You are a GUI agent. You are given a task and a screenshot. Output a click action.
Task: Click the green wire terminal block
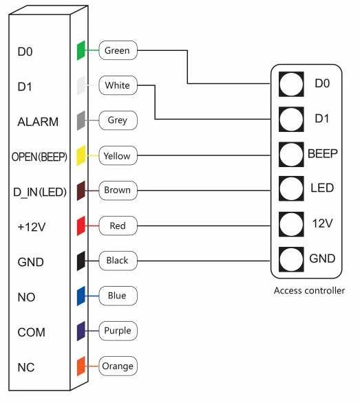(x=81, y=51)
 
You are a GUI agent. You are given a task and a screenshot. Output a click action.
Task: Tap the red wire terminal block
(x=81, y=225)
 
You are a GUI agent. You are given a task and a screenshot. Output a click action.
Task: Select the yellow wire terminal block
(x=81, y=156)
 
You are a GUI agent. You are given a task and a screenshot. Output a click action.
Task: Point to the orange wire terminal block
(x=81, y=366)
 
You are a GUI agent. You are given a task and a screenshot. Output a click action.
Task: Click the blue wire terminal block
(x=81, y=296)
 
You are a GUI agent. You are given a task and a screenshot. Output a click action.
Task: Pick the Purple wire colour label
(x=118, y=331)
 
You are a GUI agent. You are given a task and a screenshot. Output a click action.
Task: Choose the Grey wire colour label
(x=118, y=120)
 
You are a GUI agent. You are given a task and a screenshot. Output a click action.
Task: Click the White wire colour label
(x=118, y=85)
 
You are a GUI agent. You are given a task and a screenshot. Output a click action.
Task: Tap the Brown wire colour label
(x=118, y=190)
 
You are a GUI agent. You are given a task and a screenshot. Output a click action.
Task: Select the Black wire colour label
(x=118, y=261)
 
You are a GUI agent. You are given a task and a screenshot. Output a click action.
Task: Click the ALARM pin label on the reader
(x=38, y=122)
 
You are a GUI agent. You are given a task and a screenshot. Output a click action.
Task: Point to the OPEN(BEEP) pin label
(x=39, y=157)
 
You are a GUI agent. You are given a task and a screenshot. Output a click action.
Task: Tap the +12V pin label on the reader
(x=32, y=227)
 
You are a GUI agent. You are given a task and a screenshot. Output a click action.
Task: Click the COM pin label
(x=31, y=332)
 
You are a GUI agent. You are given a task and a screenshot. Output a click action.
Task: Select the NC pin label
(x=26, y=367)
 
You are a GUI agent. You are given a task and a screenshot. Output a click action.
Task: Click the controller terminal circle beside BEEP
(x=291, y=155)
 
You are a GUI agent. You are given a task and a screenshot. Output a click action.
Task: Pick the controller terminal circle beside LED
(x=291, y=188)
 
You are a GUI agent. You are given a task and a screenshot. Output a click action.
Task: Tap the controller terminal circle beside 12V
(x=291, y=224)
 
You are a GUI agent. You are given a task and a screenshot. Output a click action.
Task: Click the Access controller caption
(x=309, y=290)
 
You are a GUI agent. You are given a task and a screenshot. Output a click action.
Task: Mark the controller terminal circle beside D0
(x=291, y=85)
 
